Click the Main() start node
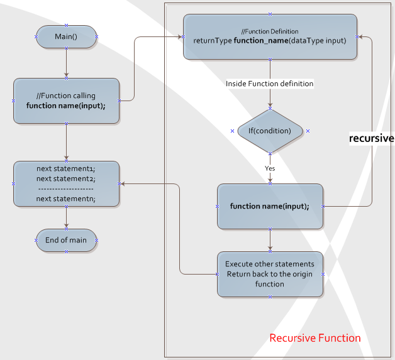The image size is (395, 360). point(66,36)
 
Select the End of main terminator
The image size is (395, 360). point(66,240)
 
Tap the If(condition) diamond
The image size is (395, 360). point(270,131)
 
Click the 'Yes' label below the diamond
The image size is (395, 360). point(270,168)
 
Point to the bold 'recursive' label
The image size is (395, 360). point(371,138)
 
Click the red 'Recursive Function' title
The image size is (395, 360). point(315,338)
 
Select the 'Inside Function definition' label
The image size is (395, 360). point(270,84)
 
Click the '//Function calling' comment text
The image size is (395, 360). point(66,96)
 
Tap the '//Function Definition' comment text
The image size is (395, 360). point(270,31)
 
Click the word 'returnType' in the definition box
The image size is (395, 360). point(213,41)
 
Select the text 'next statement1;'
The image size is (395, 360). point(66,168)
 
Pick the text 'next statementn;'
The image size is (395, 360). point(66,199)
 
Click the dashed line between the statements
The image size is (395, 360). point(66,188)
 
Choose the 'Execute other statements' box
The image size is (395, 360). point(270,275)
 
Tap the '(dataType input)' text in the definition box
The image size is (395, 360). point(318,41)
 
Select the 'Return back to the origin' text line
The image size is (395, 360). point(270,275)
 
